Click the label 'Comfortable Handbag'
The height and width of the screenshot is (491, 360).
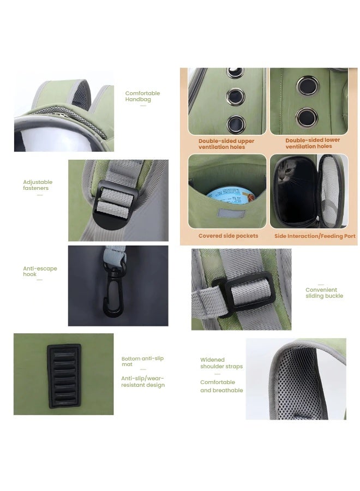click(142, 97)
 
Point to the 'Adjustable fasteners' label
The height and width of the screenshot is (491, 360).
click(38, 185)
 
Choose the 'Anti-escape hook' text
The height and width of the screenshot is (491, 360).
click(40, 271)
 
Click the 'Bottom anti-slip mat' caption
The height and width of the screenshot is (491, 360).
click(142, 361)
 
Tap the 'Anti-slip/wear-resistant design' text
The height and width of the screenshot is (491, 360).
click(142, 381)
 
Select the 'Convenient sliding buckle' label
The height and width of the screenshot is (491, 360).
click(324, 293)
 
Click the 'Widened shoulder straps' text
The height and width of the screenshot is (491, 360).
click(221, 363)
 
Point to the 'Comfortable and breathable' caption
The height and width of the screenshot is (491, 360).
click(221, 386)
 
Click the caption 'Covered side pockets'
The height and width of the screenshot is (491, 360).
click(228, 236)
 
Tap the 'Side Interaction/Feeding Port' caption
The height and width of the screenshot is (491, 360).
click(315, 236)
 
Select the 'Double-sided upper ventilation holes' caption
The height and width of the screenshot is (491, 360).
click(226, 144)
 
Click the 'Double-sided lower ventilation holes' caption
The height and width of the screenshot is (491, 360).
click(313, 143)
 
